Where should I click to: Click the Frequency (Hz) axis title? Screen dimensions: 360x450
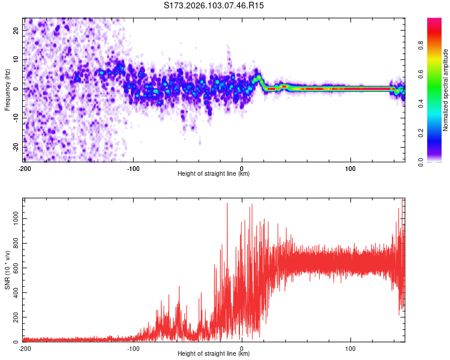[x=7, y=90]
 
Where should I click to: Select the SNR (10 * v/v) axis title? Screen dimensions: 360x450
[x=7, y=271]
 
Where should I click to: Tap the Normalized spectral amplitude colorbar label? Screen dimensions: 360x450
[x=446, y=90]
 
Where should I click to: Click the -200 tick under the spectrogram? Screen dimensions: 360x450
[x=25, y=167]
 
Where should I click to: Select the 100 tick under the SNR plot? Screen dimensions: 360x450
[x=350, y=348]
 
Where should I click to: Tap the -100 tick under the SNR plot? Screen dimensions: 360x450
[x=133, y=348]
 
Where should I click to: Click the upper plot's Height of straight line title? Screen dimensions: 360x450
[x=214, y=174]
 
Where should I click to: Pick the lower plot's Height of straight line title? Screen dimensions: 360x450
[x=214, y=354]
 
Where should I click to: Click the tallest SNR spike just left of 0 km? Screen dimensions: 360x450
[x=227, y=203]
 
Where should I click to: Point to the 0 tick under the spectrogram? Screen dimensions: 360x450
[x=242, y=167]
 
